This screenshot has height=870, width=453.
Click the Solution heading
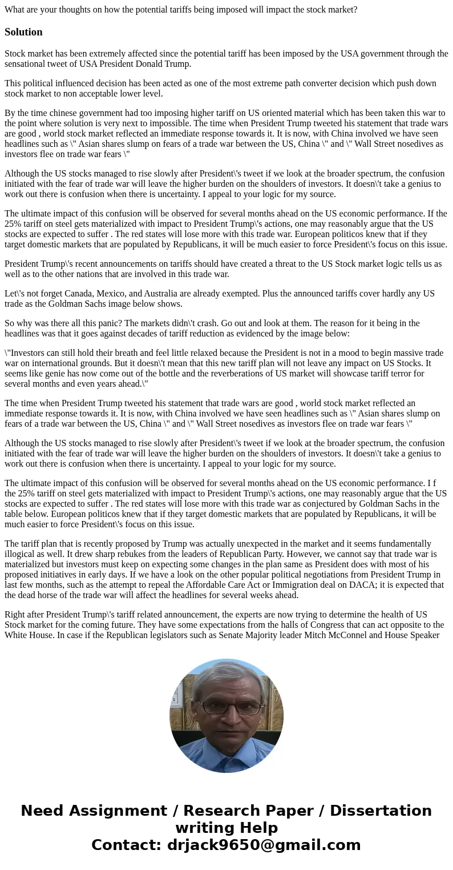pyautogui.click(x=23, y=32)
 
